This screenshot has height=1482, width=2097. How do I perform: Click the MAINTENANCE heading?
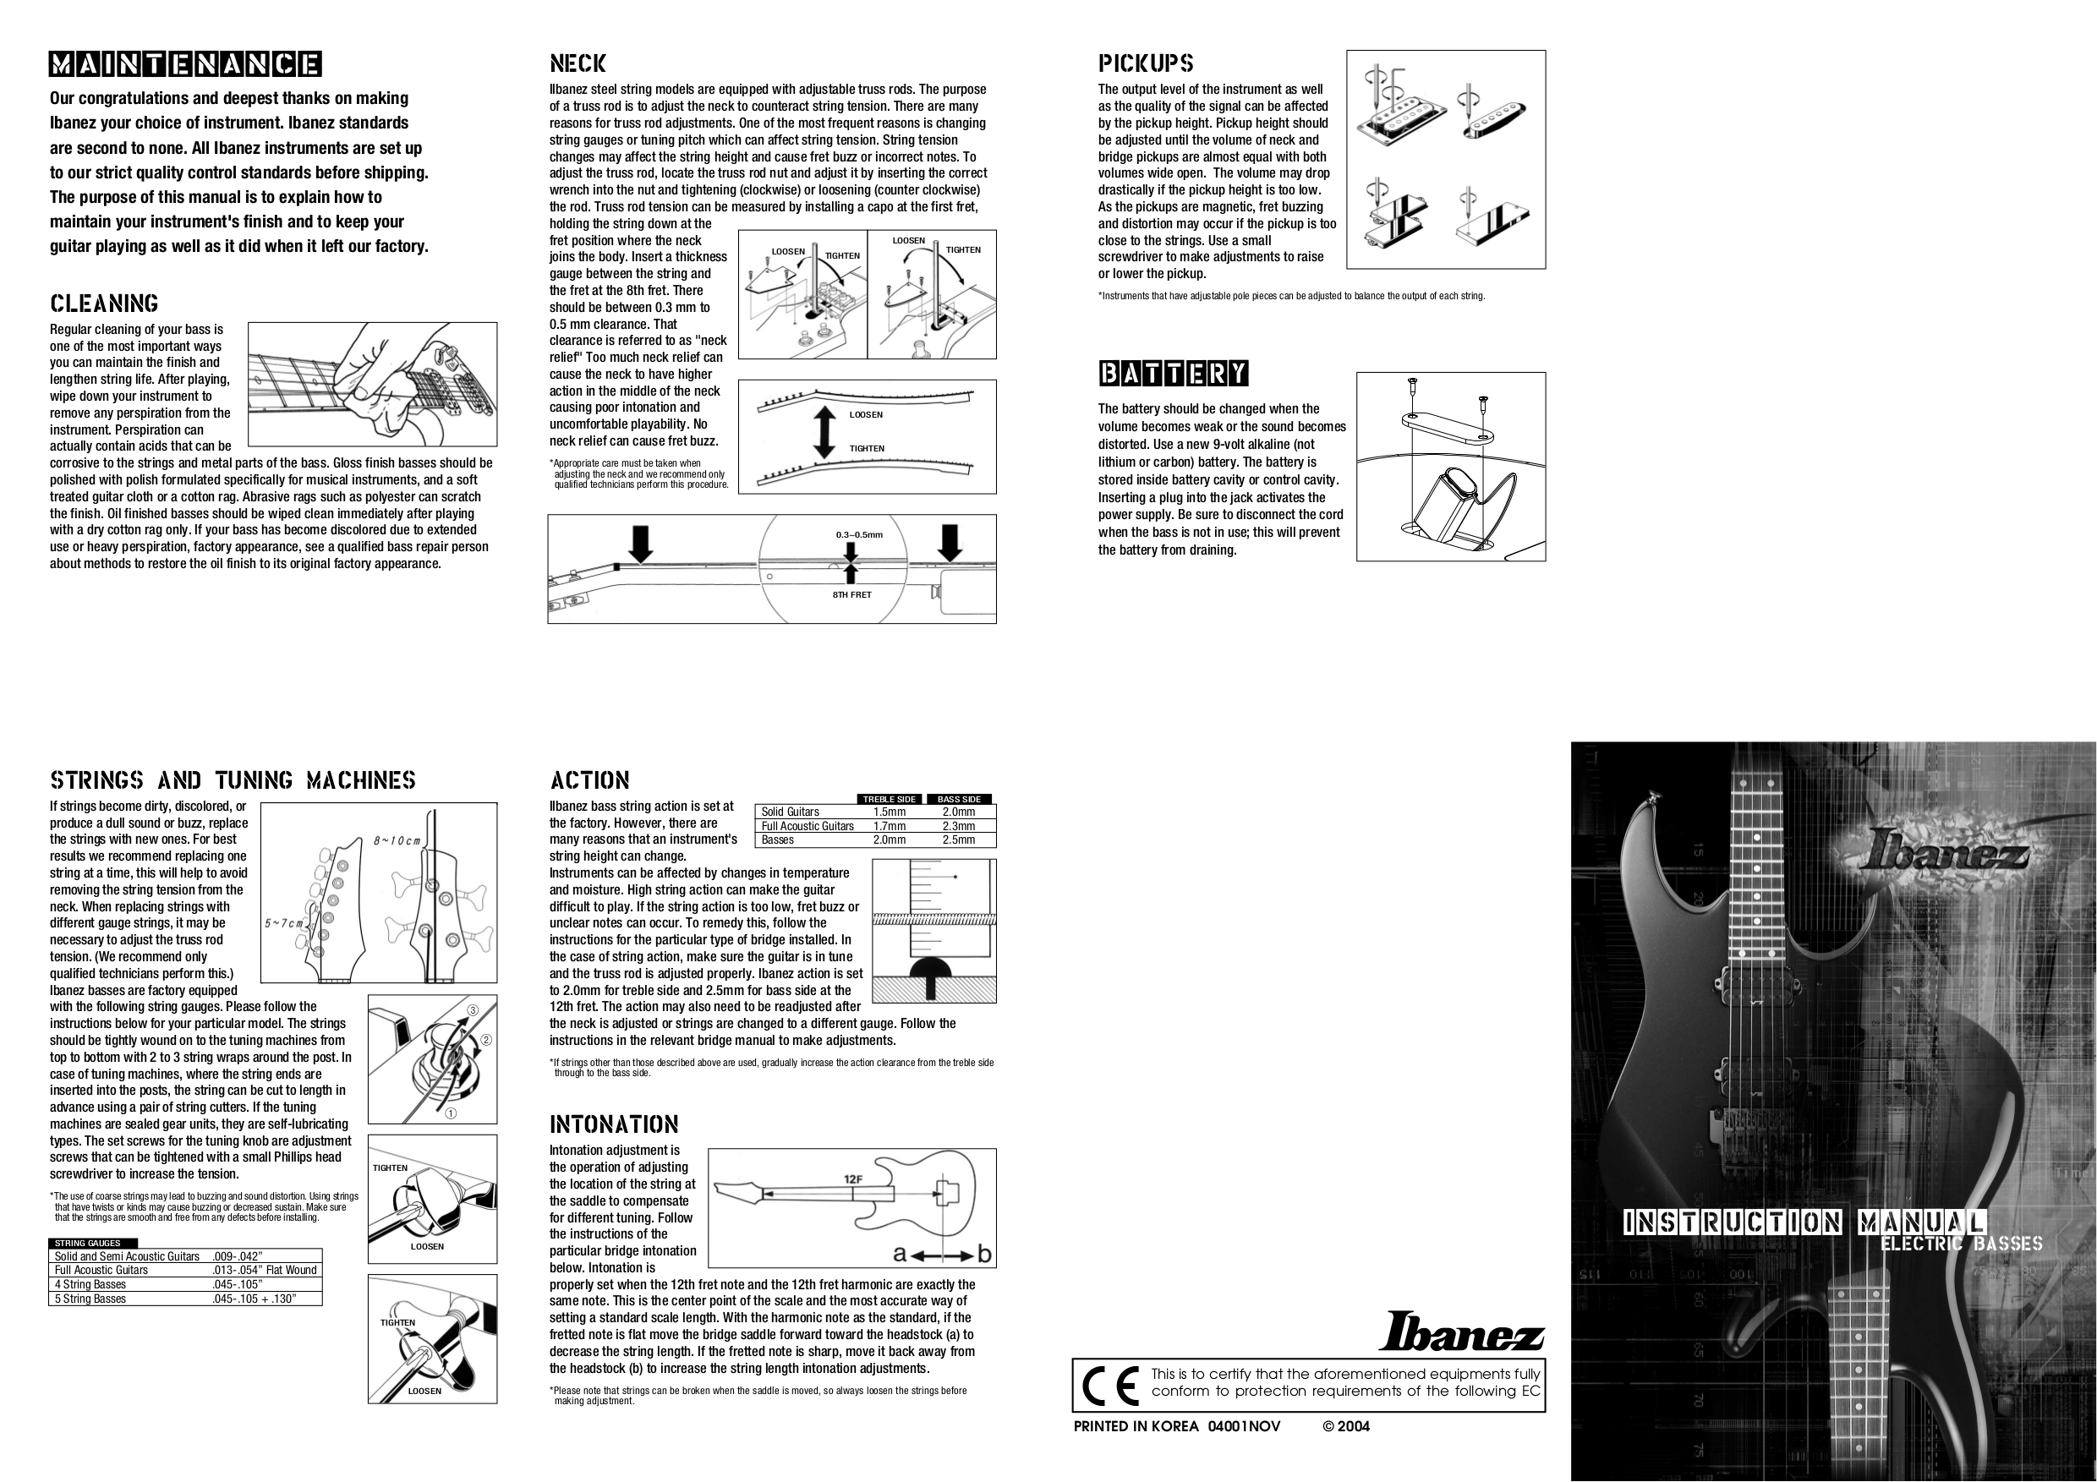point(184,64)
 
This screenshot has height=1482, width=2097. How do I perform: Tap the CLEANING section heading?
point(104,304)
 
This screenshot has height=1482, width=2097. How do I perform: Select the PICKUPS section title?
point(1145,63)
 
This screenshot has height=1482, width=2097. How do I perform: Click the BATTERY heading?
point(1173,374)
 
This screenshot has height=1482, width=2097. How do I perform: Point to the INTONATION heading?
point(614,1124)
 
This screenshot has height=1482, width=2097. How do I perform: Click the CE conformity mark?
point(1109,1386)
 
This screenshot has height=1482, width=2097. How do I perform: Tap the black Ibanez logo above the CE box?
point(1460,1332)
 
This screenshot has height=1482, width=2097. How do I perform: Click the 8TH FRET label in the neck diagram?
point(851,594)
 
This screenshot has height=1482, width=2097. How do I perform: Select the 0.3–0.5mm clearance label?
point(858,535)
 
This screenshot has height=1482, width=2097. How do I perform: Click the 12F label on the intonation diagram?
point(853,1178)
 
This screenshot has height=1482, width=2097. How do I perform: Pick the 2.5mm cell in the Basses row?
point(958,840)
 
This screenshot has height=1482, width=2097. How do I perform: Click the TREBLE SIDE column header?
point(889,799)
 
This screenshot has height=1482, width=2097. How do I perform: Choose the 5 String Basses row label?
point(90,1299)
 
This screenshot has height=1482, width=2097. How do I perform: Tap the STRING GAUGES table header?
point(88,1243)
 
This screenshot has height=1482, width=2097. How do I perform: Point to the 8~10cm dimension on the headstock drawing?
point(397,840)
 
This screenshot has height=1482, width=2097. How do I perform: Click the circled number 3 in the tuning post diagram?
point(474,1010)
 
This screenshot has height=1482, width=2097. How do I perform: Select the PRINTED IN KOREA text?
point(1136,1426)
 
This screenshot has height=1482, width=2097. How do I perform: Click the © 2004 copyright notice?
point(1345,1426)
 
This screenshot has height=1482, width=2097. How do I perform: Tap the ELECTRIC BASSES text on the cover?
point(1961,1243)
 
